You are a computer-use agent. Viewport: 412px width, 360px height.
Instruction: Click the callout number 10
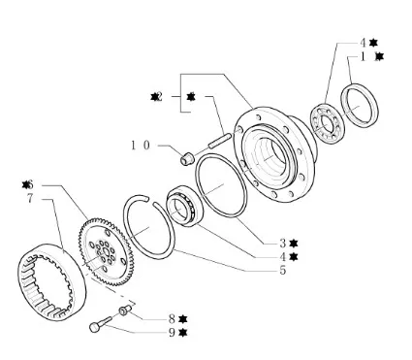coord(141,146)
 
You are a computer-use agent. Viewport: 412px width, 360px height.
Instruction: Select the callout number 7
coord(30,198)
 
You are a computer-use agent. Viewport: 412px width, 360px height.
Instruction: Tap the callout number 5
coord(283,270)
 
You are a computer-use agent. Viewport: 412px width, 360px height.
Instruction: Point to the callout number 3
coord(283,243)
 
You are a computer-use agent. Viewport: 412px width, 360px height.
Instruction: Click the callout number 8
coord(172,319)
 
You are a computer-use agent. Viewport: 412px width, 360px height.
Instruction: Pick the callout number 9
coord(172,333)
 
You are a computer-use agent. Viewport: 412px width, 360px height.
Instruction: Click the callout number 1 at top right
coord(364,57)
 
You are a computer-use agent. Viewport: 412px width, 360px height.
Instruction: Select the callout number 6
coord(30,185)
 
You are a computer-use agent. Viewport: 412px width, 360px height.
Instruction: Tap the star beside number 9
coord(183,333)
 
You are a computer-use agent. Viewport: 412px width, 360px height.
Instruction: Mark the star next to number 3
coord(294,243)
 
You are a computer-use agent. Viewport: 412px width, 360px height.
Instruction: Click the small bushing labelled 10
coord(187,158)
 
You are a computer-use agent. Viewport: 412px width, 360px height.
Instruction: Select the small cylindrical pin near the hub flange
coord(219,140)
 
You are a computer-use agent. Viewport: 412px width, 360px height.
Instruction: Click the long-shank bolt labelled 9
coord(100,324)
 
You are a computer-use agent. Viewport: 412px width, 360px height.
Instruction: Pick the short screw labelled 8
coord(125,310)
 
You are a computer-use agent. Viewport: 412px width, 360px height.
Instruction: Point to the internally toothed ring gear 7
coord(51,282)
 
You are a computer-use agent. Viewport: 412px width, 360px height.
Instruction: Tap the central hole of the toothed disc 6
coord(104,251)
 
